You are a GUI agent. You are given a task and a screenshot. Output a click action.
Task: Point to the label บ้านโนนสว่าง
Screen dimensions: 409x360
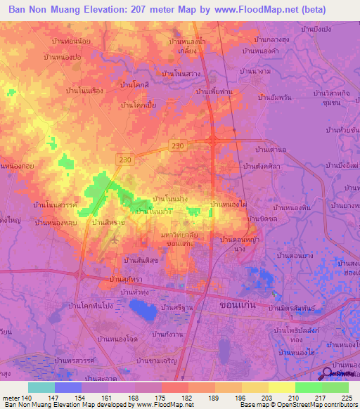[x=181, y=72]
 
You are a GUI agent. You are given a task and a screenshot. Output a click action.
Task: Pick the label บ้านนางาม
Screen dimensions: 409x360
[x=255, y=72]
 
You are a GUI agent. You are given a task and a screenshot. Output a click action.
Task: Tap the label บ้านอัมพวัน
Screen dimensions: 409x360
[x=276, y=98]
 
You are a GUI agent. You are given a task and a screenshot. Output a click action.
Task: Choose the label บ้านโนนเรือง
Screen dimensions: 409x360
[x=85, y=91]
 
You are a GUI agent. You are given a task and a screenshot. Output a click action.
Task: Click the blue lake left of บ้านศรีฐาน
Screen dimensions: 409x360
[x=146, y=309]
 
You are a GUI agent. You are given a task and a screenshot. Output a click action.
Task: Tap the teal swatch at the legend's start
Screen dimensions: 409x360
[x=41, y=387]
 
